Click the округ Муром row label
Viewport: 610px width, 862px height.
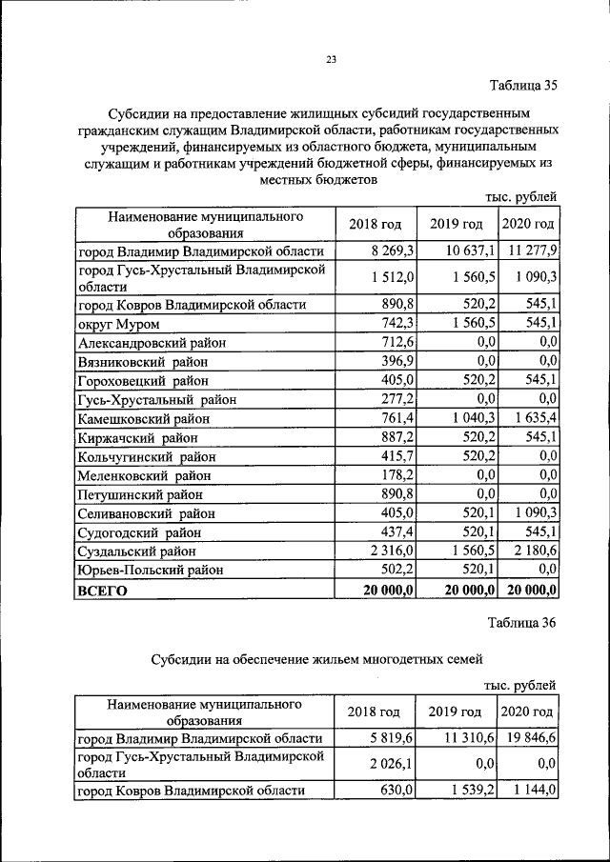click(x=119, y=324)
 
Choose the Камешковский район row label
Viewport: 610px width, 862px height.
click(x=142, y=418)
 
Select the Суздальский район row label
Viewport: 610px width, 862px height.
click(x=137, y=551)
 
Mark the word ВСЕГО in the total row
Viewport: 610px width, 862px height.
click(x=102, y=591)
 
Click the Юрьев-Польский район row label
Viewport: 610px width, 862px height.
click(x=150, y=571)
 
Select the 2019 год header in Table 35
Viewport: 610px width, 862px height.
click(x=456, y=224)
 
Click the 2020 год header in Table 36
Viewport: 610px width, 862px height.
click(x=527, y=712)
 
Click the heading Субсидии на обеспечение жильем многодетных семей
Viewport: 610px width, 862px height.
click(x=317, y=658)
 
